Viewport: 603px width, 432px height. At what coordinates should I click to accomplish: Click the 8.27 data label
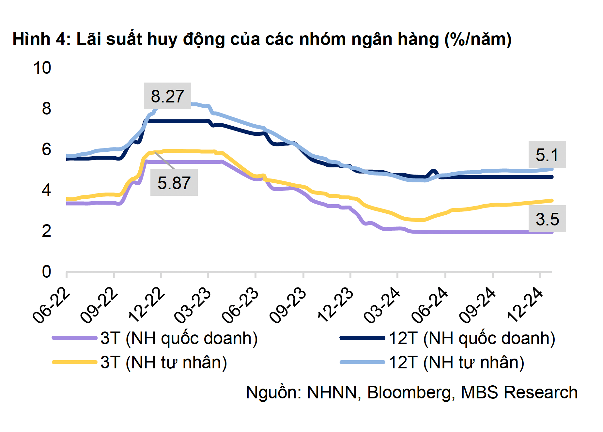coord(167,96)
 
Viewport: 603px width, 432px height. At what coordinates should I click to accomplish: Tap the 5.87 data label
coord(174,183)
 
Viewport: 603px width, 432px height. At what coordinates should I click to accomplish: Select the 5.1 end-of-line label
coord(547,155)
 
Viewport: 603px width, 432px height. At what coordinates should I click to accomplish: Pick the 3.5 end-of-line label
coord(547,219)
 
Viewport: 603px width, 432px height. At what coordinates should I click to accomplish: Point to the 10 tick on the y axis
coord(42,68)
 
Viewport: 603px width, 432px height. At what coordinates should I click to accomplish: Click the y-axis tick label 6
coord(46,149)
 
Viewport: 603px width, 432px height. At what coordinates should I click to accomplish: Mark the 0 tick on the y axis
coord(46,272)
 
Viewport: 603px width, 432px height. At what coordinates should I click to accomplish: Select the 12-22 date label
coord(147,305)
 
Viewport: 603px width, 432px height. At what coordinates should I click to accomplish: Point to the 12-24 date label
coord(525,305)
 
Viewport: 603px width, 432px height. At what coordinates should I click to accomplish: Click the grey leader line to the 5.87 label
coord(164,160)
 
